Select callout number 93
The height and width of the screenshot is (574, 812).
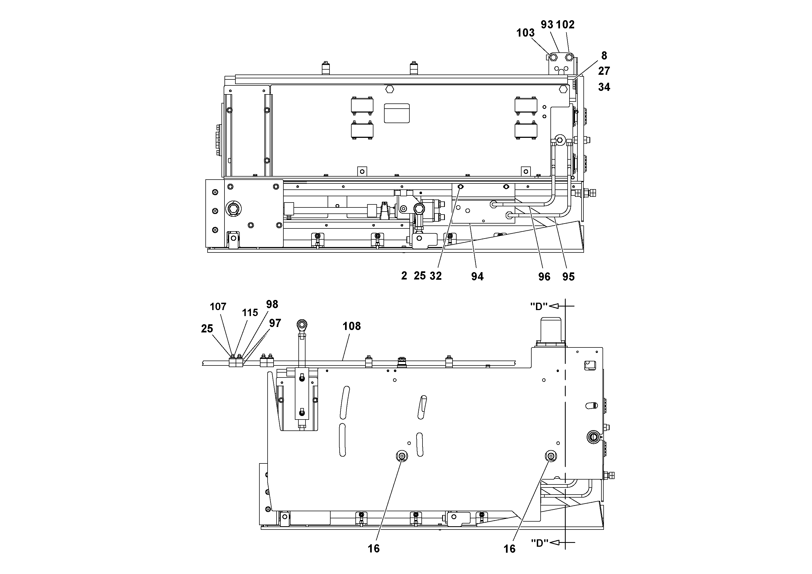click(x=547, y=25)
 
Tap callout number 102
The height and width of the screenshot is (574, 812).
click(x=565, y=25)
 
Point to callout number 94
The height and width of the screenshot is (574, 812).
click(x=477, y=276)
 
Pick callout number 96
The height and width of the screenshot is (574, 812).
click(x=544, y=277)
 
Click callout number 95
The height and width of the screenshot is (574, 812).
click(x=568, y=277)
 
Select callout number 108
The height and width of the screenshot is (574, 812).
click(x=352, y=326)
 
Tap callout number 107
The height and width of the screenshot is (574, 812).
click(x=218, y=307)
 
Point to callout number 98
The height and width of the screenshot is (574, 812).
click(x=272, y=304)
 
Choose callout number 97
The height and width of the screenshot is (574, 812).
click(x=275, y=323)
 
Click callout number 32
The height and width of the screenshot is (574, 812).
click(x=436, y=276)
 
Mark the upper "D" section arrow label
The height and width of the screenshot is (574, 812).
click(x=539, y=307)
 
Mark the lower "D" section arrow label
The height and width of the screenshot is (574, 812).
click(x=540, y=543)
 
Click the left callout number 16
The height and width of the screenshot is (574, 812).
click(x=373, y=549)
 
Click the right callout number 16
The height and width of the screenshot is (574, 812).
click(x=509, y=549)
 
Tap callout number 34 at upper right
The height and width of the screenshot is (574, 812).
click(x=604, y=87)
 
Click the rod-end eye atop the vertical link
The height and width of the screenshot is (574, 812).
click(x=302, y=324)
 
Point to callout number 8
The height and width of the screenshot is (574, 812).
click(x=604, y=56)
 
